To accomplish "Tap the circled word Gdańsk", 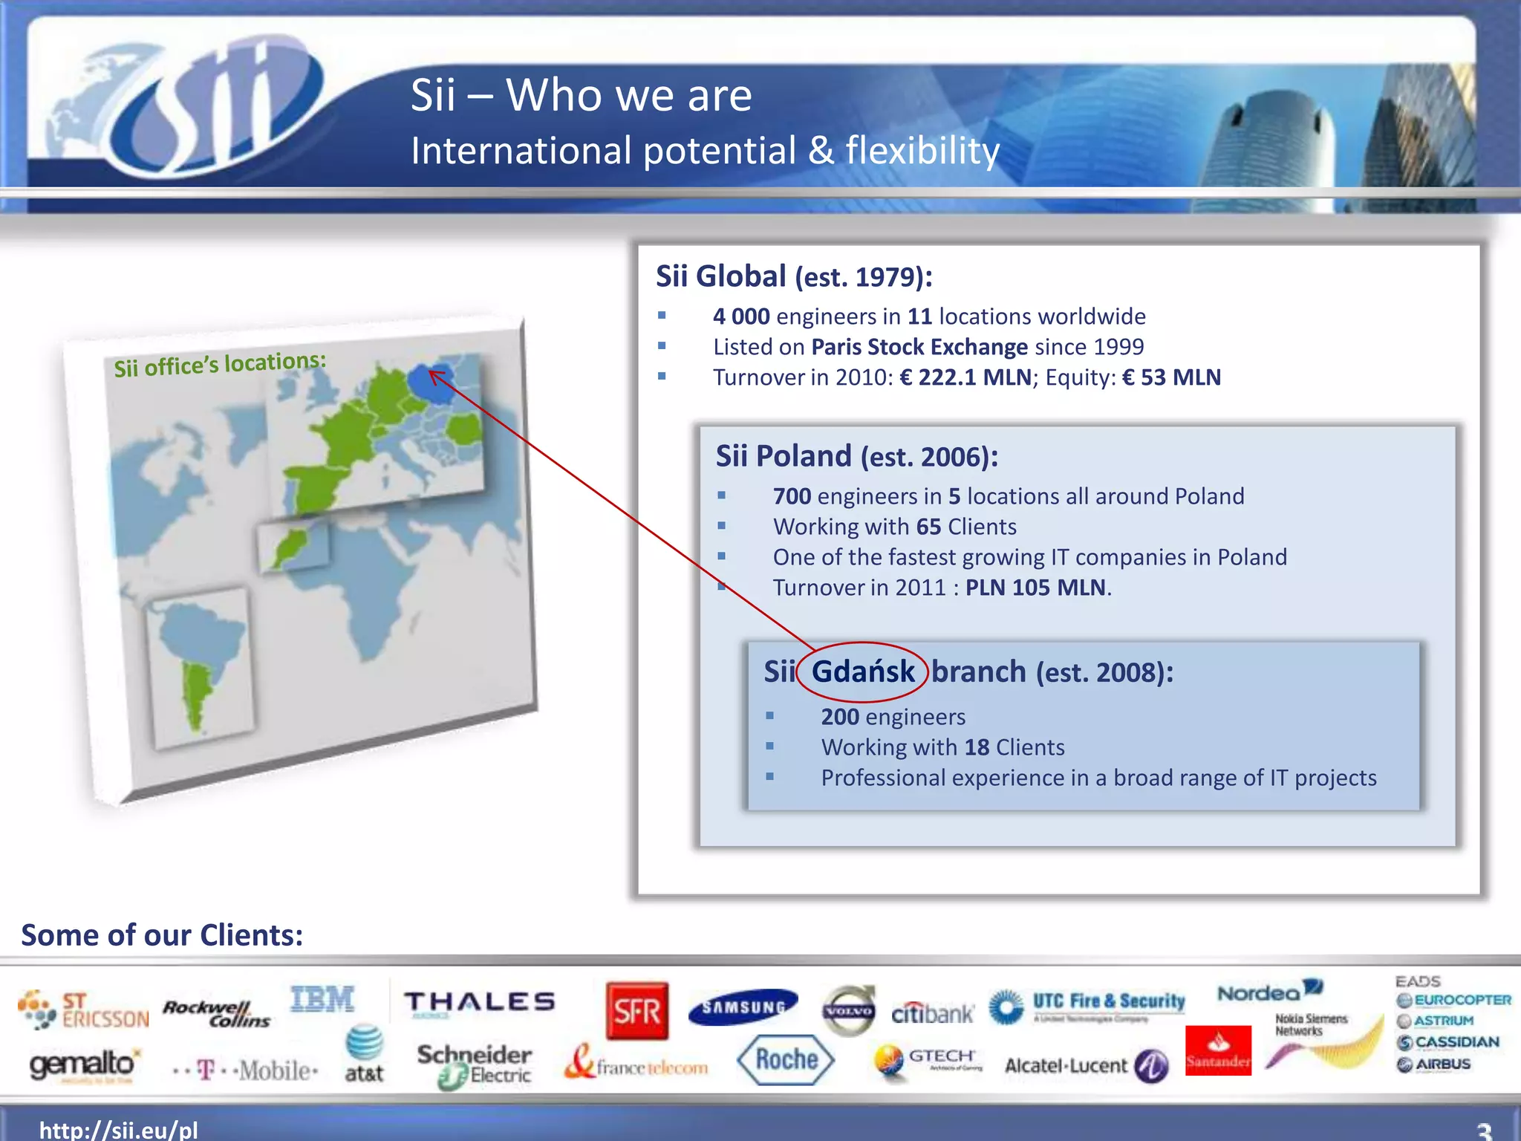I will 862,672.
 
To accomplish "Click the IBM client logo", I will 322,999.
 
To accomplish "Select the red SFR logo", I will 636,1010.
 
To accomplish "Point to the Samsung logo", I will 743,1007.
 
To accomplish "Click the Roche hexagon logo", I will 786,1059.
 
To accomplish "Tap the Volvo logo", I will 849,1011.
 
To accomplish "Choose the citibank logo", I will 932,1012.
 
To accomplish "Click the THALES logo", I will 480,1002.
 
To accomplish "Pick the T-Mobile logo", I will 245,1070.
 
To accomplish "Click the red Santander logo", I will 1218,1050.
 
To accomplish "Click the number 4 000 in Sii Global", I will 741,316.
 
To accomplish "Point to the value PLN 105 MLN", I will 1035,588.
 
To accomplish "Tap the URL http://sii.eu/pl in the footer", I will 119,1130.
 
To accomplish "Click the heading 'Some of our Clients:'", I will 162,934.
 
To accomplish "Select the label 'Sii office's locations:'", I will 220,364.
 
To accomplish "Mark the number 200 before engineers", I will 840,717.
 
